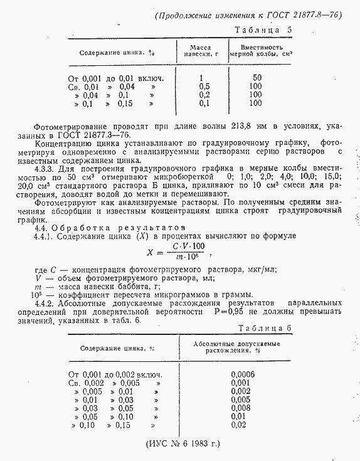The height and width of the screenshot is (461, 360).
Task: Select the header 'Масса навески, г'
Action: (200, 51)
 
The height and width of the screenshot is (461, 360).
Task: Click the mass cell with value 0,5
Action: (204, 86)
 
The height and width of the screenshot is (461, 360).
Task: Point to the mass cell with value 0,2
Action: (204, 95)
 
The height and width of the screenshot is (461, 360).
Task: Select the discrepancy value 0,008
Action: (240, 408)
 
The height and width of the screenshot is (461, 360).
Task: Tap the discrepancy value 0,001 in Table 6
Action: (240, 383)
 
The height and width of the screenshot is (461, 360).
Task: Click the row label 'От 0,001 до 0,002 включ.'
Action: (114, 374)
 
